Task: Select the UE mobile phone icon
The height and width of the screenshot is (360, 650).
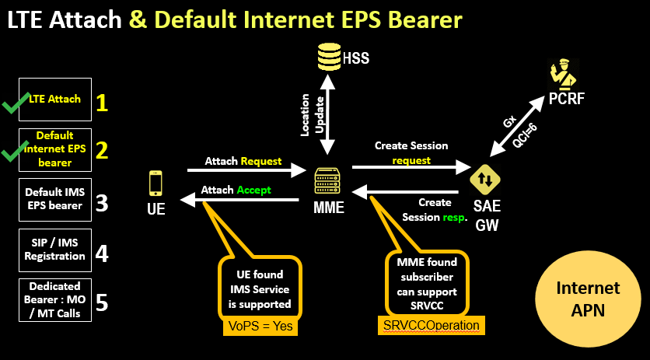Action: pyautogui.click(x=156, y=184)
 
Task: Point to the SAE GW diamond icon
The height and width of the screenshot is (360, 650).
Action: pyautogui.click(x=485, y=180)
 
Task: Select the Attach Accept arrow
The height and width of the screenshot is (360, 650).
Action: pyautogui.click(x=241, y=200)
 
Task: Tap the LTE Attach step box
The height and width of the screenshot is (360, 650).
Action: pyautogui.click(x=54, y=100)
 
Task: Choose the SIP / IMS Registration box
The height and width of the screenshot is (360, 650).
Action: pyautogui.click(x=54, y=250)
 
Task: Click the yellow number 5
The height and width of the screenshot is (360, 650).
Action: pyautogui.click(x=101, y=302)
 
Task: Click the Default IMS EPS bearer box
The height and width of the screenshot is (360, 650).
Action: pyautogui.click(x=54, y=199)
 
